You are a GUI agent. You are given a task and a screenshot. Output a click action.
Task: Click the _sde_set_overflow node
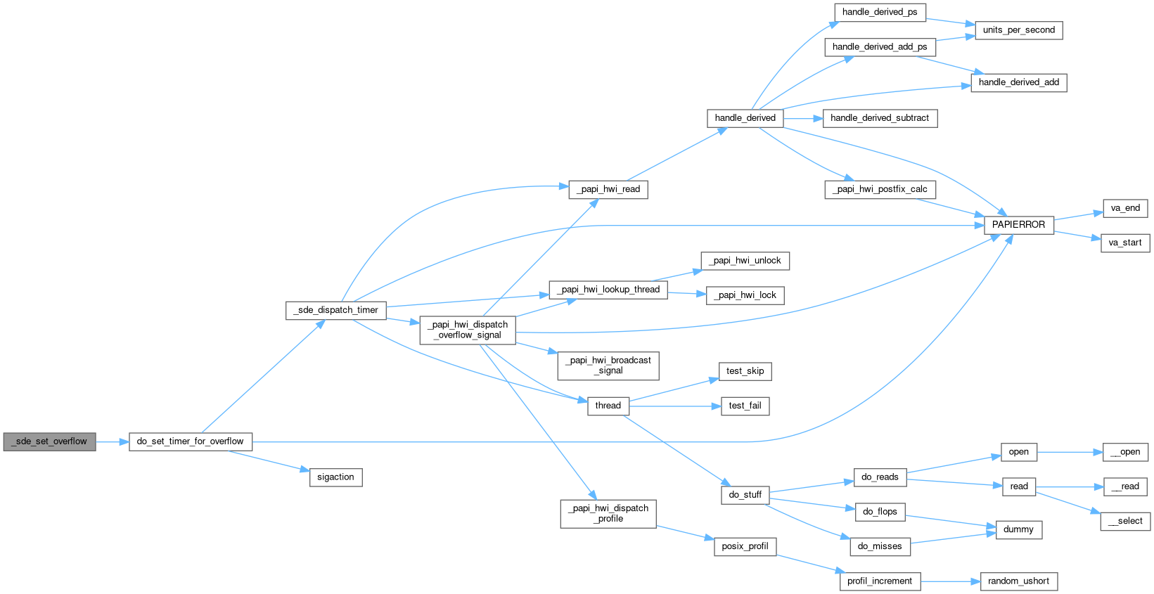click(49, 441)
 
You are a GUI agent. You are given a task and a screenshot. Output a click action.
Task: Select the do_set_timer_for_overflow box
click(190, 441)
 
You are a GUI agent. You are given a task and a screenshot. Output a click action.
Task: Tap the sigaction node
click(335, 477)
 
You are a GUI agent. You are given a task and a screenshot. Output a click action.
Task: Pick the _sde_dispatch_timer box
click(335, 310)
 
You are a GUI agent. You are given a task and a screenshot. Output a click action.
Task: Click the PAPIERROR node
click(1018, 225)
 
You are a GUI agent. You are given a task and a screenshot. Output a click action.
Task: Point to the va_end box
click(1125, 208)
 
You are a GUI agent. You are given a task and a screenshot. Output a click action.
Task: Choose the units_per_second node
click(1018, 30)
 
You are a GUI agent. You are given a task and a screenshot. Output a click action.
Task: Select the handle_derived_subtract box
click(879, 118)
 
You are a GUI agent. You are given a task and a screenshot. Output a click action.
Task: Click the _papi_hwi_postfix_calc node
click(879, 189)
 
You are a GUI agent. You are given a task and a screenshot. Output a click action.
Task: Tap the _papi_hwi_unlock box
click(745, 261)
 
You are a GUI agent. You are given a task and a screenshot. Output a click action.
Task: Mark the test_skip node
click(745, 371)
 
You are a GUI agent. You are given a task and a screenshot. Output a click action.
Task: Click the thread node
click(608, 406)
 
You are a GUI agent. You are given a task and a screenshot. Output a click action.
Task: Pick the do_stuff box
click(745, 495)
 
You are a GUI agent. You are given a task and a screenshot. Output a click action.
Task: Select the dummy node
click(1018, 529)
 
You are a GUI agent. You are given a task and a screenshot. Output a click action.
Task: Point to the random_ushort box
click(1018, 581)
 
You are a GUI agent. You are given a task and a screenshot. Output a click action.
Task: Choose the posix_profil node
click(745, 546)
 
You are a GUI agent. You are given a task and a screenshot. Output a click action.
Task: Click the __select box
click(1125, 521)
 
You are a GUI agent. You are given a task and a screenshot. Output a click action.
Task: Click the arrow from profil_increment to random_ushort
click(950, 581)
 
